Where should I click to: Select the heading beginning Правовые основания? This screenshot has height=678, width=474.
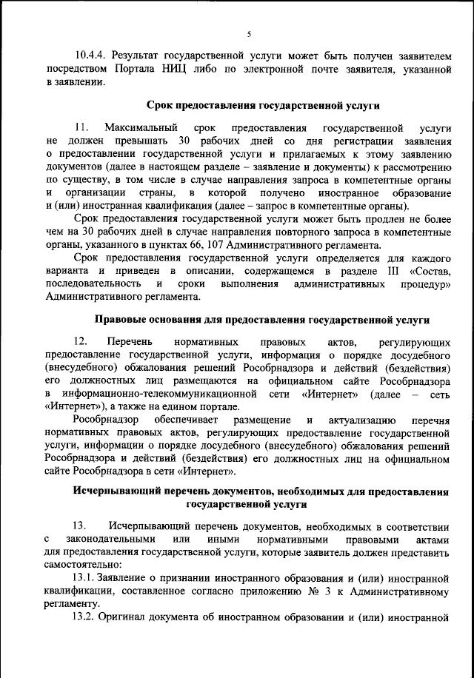click(x=262, y=320)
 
